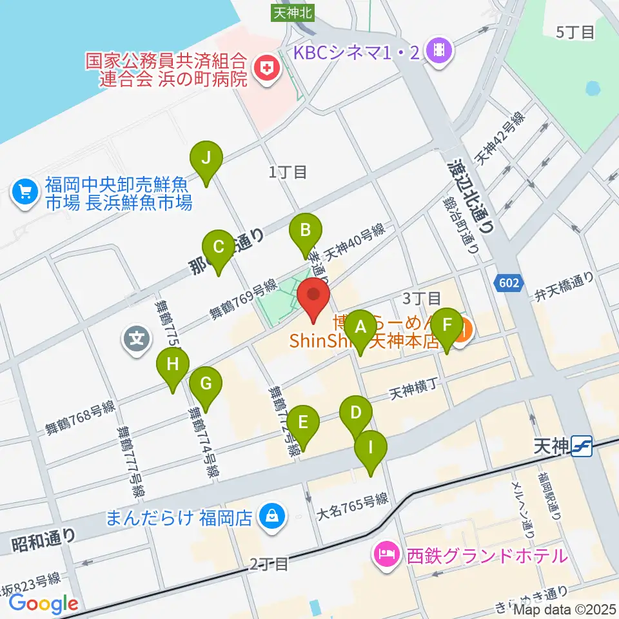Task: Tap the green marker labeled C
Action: point(218,247)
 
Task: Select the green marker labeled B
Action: point(305,230)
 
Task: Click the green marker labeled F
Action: point(447,325)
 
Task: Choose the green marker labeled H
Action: point(173,364)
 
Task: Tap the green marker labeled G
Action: point(206,384)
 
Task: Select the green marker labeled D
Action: point(356,413)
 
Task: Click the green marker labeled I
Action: point(371,447)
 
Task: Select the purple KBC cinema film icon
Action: point(440,51)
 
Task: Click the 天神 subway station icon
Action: point(582,446)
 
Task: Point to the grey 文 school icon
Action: point(137,337)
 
